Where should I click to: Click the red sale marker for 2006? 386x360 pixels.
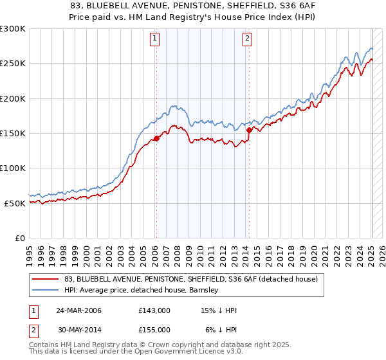click(x=156, y=138)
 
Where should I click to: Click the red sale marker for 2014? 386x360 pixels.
click(x=249, y=130)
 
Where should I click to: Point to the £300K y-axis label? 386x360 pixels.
click(x=13, y=29)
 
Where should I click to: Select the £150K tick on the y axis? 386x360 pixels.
click(x=13, y=133)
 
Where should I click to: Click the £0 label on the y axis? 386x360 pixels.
click(x=19, y=238)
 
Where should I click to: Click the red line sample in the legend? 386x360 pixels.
click(x=46, y=280)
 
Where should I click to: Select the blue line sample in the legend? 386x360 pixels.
click(x=46, y=291)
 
